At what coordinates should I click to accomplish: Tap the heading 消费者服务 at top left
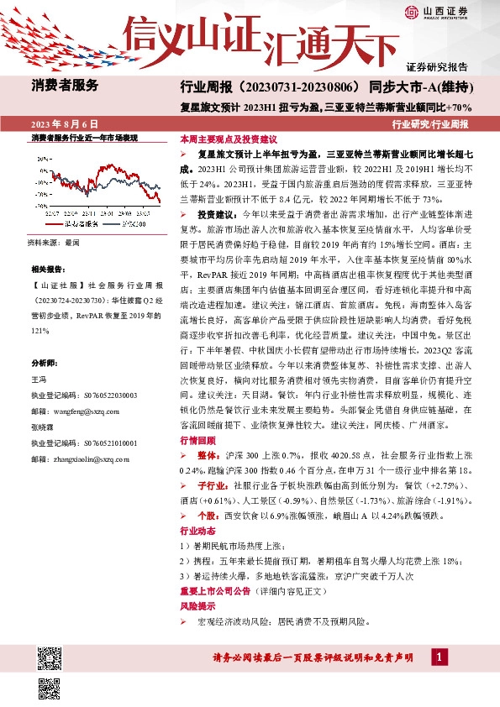pyautogui.click(x=65, y=85)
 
